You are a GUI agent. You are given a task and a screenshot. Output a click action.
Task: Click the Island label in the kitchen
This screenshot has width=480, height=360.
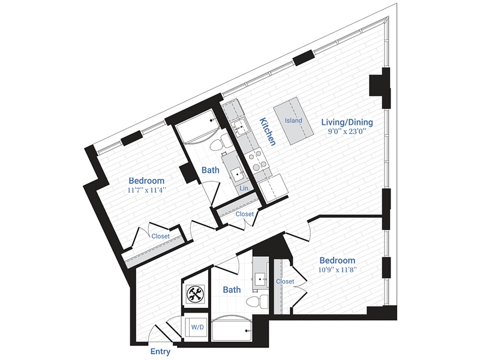pyautogui.click(x=293, y=121)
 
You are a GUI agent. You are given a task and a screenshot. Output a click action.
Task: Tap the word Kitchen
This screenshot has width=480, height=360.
pyautogui.click(x=267, y=132)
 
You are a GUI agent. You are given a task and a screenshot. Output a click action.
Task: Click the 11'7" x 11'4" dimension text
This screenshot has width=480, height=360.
pyautogui.click(x=146, y=190)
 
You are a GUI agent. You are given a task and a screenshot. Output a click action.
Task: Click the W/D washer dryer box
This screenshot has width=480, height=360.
pyautogui.click(x=196, y=328)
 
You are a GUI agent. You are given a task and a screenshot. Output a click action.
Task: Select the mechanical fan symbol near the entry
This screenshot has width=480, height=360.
pyautogui.click(x=194, y=294)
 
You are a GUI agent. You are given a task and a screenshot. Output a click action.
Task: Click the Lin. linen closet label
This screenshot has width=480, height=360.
pyautogui.click(x=244, y=188)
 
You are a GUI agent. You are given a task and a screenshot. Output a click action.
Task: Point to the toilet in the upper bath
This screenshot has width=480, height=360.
pyautogui.click(x=225, y=142)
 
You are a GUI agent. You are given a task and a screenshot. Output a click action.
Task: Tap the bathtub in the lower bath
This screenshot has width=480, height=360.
pyautogui.click(x=230, y=328)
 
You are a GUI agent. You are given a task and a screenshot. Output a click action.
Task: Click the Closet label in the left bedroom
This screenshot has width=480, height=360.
pyautogui.click(x=160, y=236)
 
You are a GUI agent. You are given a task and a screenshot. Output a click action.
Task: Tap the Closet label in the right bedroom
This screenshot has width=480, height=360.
pyautogui.click(x=285, y=281)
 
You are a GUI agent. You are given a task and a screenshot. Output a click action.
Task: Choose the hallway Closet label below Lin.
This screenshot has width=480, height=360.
pyautogui.click(x=244, y=214)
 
